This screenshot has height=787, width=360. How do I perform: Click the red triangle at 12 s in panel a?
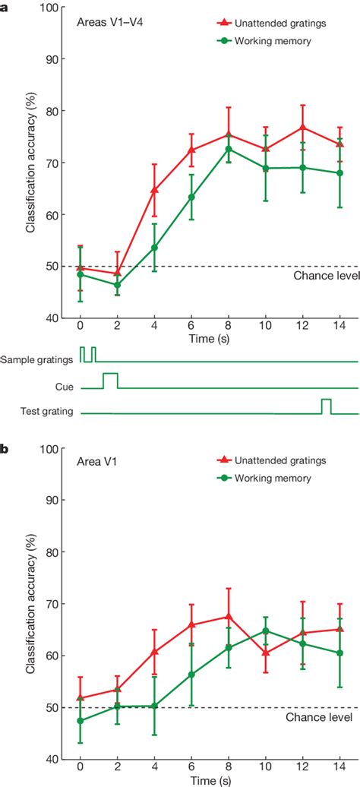(x=302, y=128)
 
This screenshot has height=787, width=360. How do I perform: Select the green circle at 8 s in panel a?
(x=229, y=149)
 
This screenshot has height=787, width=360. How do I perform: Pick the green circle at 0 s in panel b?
(x=81, y=720)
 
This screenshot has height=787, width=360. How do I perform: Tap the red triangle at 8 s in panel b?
(x=229, y=616)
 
